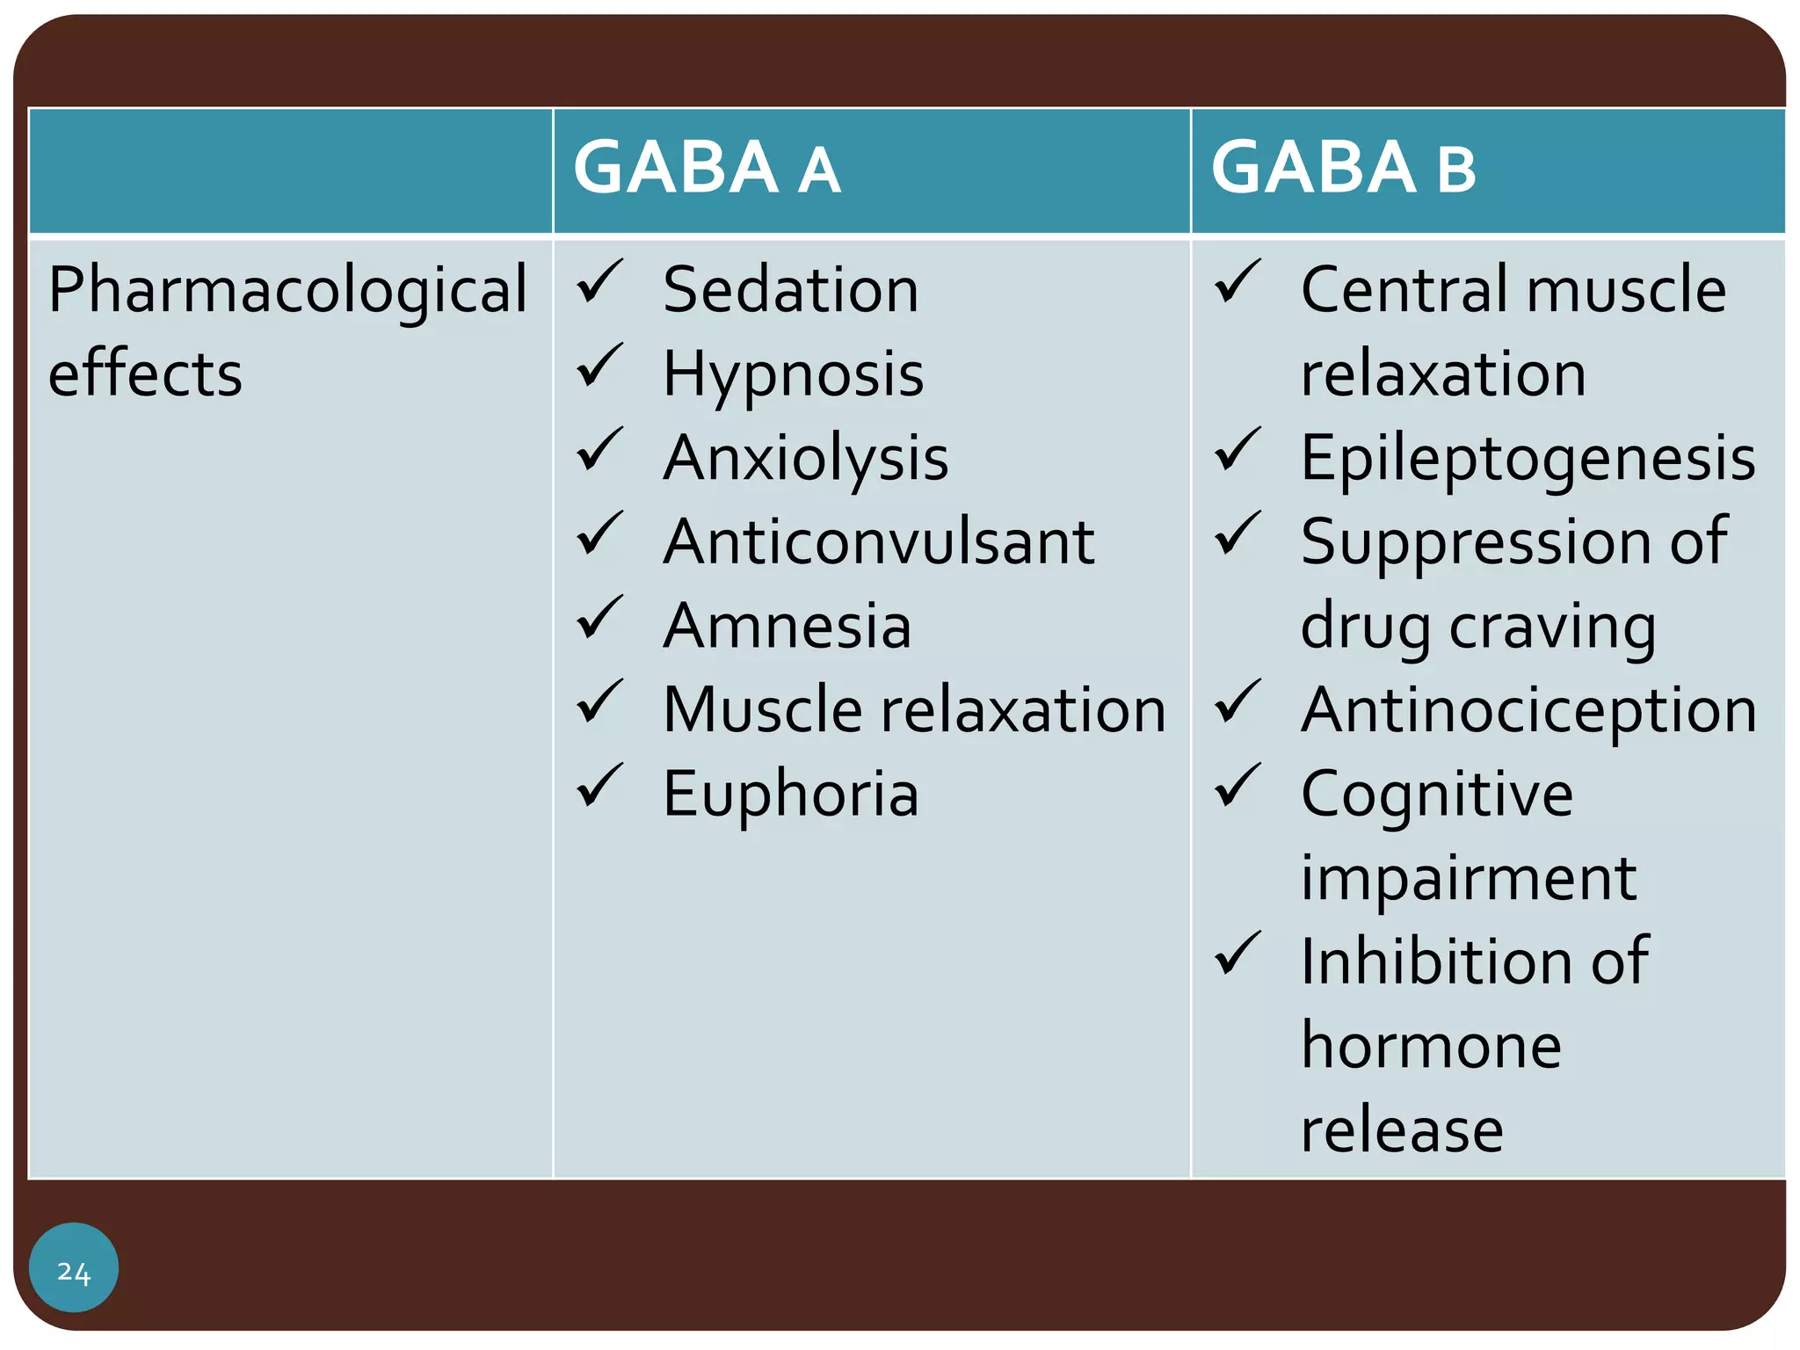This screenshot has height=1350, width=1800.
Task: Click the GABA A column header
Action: [707, 168]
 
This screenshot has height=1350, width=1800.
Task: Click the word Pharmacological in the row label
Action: [287, 291]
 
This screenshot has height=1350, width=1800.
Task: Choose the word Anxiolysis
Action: [806, 459]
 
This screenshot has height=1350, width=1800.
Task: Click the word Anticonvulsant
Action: [879, 541]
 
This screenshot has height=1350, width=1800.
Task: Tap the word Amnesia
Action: [787, 626]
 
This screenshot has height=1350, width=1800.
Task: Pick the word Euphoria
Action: [790, 794]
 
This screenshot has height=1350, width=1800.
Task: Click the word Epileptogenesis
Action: [1528, 459]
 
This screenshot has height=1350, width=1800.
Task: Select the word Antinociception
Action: [1528, 710]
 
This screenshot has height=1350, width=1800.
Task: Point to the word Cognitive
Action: [1437, 794]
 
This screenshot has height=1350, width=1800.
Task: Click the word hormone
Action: [1431, 1046]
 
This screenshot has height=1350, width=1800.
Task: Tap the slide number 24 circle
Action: [74, 1267]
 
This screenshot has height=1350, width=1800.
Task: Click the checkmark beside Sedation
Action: [600, 282]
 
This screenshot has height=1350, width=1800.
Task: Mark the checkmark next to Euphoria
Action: [600, 786]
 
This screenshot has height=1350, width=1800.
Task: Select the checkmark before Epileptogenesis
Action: [1237, 450]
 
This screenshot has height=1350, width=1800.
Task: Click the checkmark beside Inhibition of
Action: [1237, 954]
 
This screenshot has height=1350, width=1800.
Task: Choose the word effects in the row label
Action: [145, 374]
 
